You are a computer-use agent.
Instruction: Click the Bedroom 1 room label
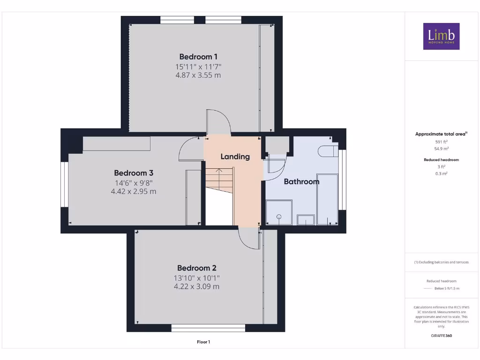click(198, 57)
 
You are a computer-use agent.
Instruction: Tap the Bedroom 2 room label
click(196, 268)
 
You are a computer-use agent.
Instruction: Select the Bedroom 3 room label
click(134, 172)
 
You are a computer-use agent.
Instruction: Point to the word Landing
click(235, 157)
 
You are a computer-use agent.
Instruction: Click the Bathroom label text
click(301, 181)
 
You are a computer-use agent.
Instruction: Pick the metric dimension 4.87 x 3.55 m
click(198, 75)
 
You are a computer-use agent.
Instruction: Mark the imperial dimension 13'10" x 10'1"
click(196, 278)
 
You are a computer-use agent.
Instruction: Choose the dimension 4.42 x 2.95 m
click(134, 191)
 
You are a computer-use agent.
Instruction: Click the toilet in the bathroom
click(327, 151)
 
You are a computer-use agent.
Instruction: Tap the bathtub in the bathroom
click(327, 199)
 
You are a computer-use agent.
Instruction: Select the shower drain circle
click(279, 217)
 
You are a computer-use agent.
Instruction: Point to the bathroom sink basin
click(306, 219)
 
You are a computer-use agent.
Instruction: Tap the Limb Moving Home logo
click(441, 36)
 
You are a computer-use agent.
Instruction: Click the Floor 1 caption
click(203, 342)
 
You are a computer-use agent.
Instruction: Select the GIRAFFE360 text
click(441, 336)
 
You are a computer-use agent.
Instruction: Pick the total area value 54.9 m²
click(441, 149)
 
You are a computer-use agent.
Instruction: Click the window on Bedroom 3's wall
click(64, 184)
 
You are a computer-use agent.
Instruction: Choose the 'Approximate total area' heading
click(441, 134)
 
